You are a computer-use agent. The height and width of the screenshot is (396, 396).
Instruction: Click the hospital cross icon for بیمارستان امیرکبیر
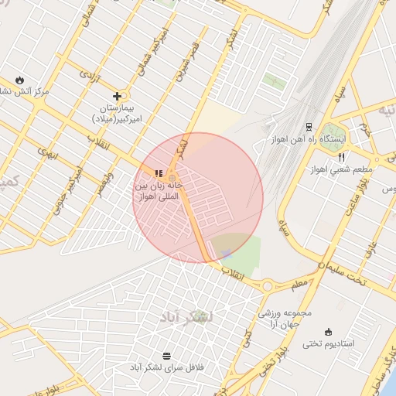117,96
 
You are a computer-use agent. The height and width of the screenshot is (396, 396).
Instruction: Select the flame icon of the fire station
19,80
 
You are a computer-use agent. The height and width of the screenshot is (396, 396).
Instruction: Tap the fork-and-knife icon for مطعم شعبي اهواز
341,157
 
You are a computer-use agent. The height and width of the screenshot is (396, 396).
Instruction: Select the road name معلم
299,285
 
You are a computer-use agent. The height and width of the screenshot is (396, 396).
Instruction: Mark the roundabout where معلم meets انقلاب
268,285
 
